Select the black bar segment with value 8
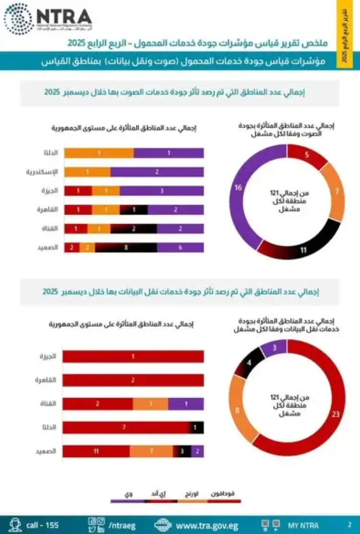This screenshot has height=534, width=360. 126,248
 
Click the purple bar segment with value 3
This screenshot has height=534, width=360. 162,191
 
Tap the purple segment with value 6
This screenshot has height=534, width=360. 180,248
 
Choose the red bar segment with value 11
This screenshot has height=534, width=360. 96,451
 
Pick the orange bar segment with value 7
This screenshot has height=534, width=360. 151,451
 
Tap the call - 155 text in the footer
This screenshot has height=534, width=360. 42,525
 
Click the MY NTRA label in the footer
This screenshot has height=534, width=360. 303,525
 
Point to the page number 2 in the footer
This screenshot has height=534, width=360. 349,525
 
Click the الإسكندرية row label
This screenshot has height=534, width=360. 42,171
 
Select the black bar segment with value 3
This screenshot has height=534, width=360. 182,451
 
